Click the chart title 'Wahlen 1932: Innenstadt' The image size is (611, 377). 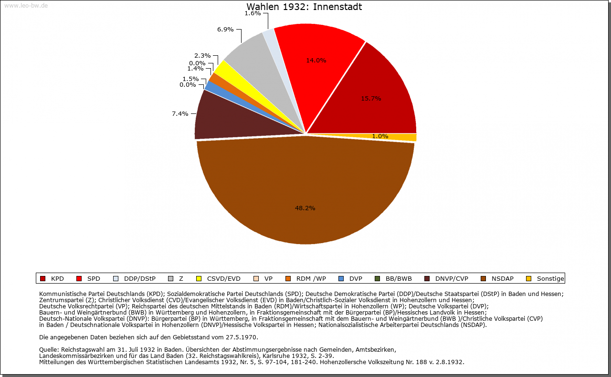[x=304, y=7]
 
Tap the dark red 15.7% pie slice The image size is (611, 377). [x=377, y=95]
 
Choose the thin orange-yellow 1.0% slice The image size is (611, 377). [x=396, y=137]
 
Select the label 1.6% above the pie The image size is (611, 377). [x=253, y=13]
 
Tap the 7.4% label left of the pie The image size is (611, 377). [x=180, y=113]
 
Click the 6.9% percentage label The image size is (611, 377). [x=225, y=30]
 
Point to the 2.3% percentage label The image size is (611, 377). [x=202, y=56]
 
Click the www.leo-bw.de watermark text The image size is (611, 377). [x=26, y=6]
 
